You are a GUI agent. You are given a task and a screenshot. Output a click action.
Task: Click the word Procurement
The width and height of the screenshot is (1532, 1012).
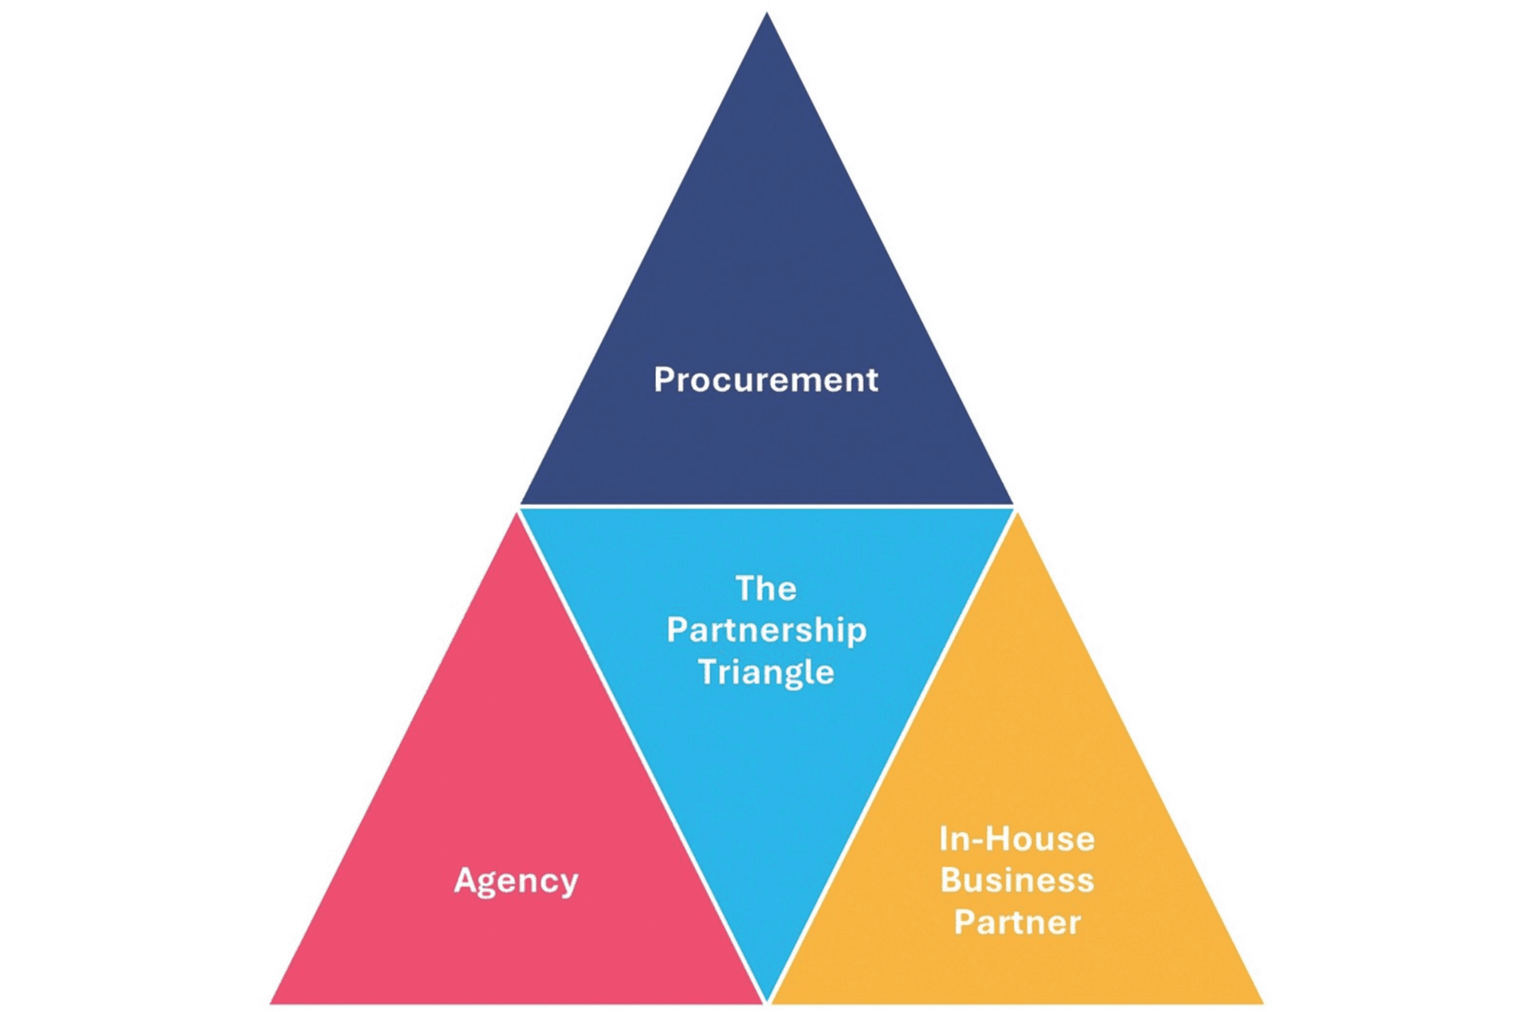765,379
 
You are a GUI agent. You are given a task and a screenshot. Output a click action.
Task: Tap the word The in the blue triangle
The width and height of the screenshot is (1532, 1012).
765,588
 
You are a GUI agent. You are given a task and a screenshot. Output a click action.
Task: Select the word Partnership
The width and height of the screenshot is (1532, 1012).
766,630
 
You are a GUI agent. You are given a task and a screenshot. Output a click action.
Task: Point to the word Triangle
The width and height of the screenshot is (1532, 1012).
766,671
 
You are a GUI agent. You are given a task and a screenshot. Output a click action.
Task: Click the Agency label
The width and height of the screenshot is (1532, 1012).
516,880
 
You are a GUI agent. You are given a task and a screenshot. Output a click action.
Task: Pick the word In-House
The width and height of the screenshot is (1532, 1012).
1016,839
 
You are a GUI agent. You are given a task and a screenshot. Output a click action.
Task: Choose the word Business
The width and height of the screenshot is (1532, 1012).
1016,880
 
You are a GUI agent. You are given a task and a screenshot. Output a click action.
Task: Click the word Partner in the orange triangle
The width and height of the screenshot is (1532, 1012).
1017,922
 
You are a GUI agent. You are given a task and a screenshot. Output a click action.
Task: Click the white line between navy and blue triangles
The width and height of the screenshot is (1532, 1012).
766,506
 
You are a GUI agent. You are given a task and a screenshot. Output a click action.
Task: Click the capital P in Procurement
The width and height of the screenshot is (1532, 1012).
663,379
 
